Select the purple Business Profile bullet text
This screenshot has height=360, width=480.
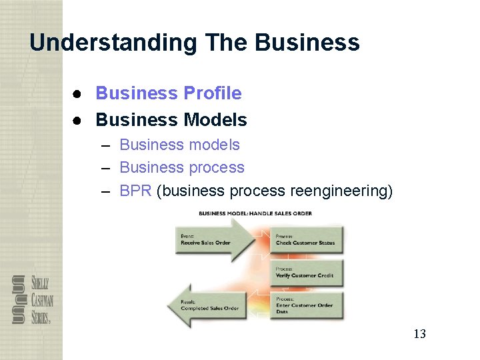coord(169,93)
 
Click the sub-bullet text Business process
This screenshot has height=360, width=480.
coord(182,167)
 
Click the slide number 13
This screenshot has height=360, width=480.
coord(419,334)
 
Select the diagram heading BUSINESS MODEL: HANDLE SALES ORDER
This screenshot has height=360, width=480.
coord(255,213)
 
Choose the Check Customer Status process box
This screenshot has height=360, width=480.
coord(306,239)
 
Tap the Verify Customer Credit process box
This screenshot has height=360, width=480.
coord(306,273)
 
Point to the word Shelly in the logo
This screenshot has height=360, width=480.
coord(39,283)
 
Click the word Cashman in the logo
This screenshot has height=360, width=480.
coord(41,301)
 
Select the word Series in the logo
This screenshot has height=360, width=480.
coord(40,317)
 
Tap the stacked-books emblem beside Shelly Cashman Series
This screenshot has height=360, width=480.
coord(19,300)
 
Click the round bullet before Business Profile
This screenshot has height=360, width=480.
coord(77,94)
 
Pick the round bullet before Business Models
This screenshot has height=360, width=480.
coord(77,121)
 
